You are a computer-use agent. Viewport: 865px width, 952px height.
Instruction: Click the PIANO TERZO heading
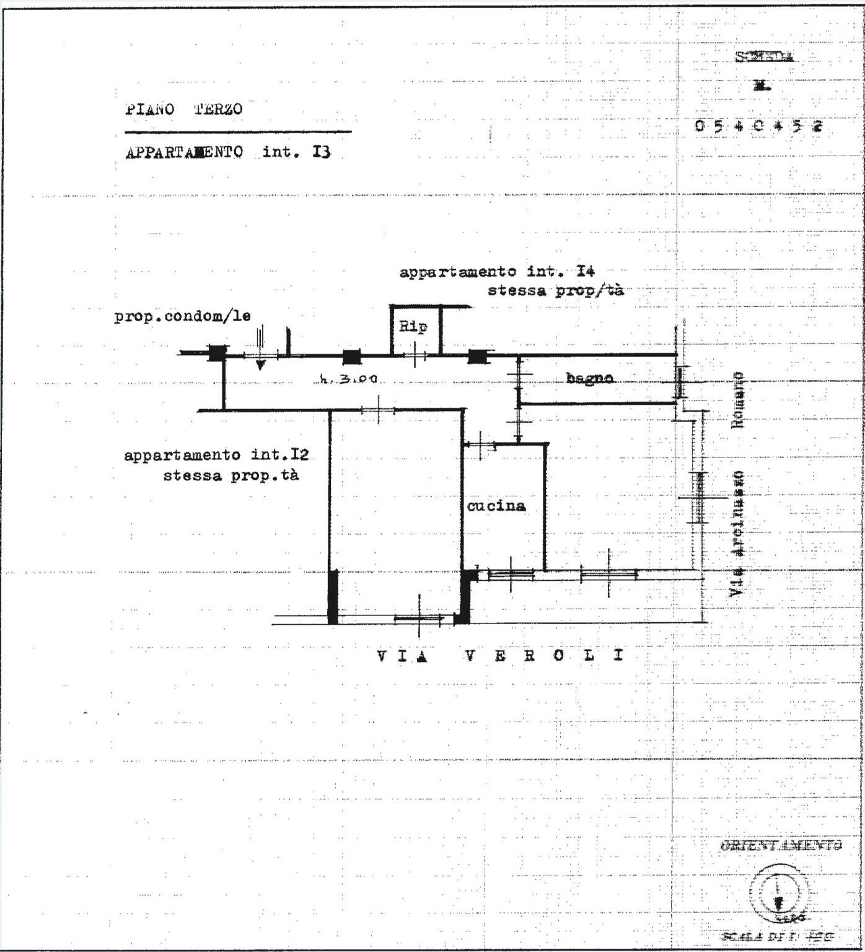(184, 110)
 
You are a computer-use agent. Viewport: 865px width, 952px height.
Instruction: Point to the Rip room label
(413, 327)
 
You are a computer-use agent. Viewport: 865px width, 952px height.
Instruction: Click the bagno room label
(589, 377)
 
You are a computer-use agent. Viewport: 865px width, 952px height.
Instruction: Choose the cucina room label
(496, 506)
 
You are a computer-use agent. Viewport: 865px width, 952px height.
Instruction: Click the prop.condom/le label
(182, 317)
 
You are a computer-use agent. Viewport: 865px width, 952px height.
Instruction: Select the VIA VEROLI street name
(500, 656)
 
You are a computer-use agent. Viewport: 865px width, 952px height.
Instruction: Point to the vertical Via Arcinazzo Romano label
(737, 483)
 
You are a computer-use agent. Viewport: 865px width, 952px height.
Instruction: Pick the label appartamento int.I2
(216, 456)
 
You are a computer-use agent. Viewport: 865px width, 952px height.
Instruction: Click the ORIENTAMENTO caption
(781, 845)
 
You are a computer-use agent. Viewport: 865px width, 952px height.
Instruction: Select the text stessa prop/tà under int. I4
(555, 291)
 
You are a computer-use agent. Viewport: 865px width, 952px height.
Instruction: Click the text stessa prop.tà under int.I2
(231, 476)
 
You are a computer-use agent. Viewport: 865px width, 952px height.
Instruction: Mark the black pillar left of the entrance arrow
(216, 353)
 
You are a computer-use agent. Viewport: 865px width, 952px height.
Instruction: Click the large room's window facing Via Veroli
(419, 618)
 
